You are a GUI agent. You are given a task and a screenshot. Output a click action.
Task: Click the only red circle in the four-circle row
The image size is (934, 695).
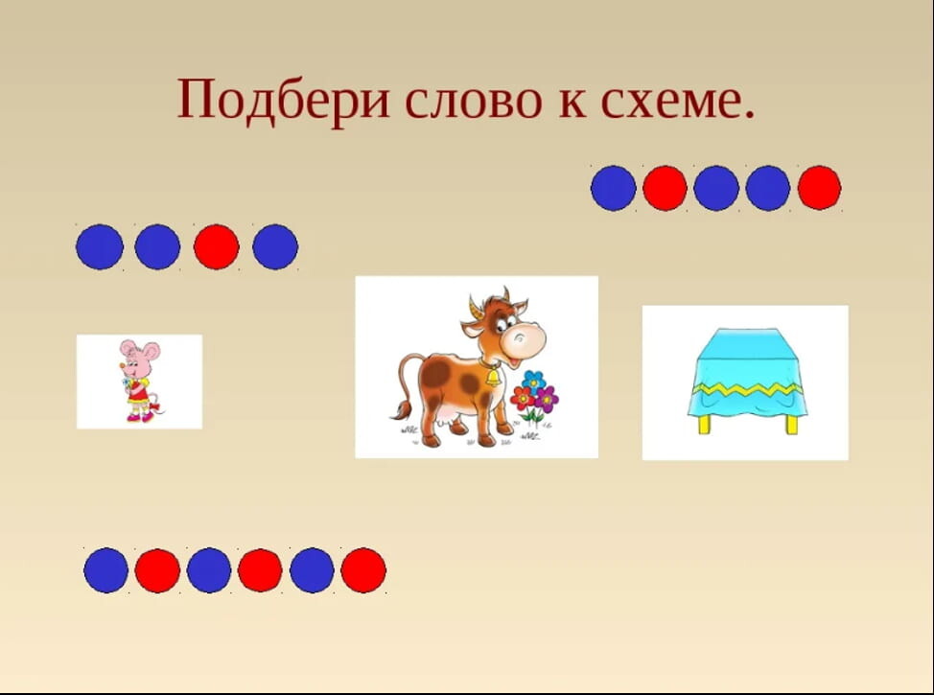pos(216,246)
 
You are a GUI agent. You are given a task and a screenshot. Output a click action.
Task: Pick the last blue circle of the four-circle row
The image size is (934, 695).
pos(275,246)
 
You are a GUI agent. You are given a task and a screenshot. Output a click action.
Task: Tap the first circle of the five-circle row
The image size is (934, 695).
pos(613,188)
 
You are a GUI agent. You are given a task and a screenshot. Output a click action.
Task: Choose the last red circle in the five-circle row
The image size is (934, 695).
pos(820,188)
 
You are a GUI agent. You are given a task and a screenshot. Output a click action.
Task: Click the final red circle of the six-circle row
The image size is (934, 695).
pos(363,570)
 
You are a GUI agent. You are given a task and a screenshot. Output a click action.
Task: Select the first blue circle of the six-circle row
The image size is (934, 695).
pos(106,570)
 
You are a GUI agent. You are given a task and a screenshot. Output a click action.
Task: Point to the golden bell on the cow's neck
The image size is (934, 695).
pos(493,377)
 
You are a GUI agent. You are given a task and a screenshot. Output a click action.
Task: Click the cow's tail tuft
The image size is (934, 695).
pos(402,410)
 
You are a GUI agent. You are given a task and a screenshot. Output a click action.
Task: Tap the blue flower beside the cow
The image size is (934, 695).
pos(534,380)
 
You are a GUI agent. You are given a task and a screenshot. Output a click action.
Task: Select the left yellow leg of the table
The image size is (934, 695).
pos(705,424)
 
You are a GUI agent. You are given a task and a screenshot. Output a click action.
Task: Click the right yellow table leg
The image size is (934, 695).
pos(792,424)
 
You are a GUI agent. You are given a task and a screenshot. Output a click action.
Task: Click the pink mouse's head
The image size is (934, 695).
pos(138,357)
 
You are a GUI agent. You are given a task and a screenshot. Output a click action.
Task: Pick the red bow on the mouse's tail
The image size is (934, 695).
pos(156,408)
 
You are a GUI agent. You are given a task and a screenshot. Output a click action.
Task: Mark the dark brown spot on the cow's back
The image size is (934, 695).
pos(436,374)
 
